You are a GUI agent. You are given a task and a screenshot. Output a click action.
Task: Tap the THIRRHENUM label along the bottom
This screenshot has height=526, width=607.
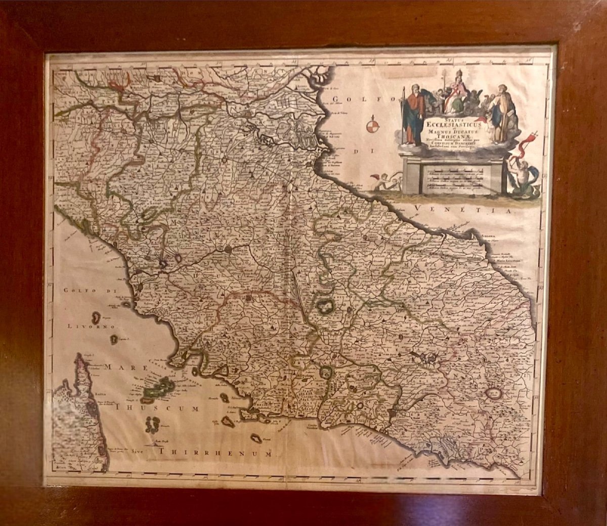coord(215,453)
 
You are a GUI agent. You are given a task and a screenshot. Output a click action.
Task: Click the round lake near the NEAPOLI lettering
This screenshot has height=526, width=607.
coord(492,394)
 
